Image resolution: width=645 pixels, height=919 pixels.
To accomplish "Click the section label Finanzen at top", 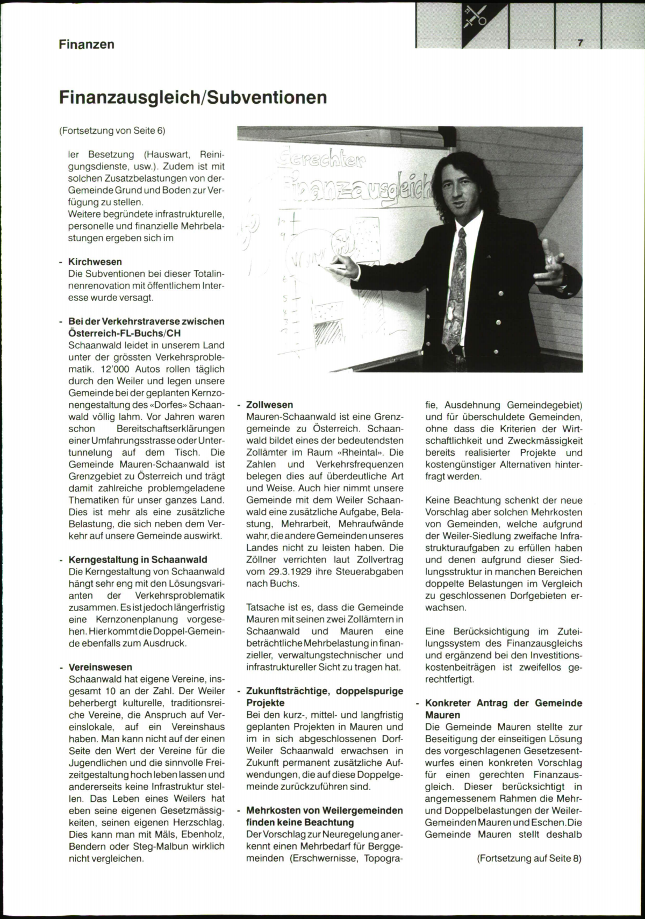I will click(x=87, y=44).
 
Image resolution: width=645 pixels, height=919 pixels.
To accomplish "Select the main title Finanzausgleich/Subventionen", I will click(x=192, y=97).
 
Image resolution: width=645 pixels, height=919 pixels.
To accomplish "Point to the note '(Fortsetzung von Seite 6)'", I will click(x=112, y=131).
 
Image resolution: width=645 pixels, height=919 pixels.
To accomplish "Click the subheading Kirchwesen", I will click(x=95, y=262).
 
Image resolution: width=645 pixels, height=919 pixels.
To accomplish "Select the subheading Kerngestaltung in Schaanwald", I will click(x=138, y=559).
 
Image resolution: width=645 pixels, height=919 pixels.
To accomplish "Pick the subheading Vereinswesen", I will click(x=100, y=667).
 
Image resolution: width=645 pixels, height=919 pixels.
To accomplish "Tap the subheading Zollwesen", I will click(x=270, y=405).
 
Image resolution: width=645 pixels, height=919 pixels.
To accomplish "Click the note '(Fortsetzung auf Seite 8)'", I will click(x=529, y=858).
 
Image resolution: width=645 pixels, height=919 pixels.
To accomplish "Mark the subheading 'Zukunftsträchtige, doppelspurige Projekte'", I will click(x=325, y=697).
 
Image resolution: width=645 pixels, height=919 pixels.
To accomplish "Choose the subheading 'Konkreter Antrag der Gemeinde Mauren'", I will click(x=503, y=709).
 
